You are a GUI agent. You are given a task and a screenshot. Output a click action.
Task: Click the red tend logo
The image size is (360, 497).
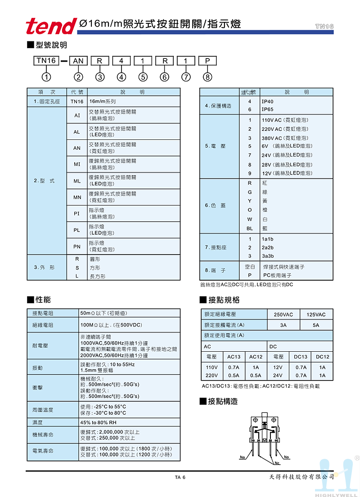tap(50, 26)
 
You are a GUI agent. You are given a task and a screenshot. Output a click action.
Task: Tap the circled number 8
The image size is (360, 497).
tap(207, 77)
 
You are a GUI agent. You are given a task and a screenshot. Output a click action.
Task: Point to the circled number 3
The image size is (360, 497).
tap(100, 77)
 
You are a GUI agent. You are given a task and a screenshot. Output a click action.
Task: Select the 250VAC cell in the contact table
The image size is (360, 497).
tap(283, 314)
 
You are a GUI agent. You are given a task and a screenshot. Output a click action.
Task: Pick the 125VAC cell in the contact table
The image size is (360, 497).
tap(316, 314)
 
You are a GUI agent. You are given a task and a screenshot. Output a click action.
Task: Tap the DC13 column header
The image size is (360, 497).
tap(301, 357)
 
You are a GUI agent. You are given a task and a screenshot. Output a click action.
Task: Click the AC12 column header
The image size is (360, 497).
tap(256, 357)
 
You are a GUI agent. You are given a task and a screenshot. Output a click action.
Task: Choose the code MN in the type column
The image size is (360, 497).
tap(77, 197)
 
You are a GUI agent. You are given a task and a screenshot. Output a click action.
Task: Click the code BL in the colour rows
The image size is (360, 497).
tap(250, 228)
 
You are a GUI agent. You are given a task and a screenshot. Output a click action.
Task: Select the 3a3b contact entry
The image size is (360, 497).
tap(268, 256)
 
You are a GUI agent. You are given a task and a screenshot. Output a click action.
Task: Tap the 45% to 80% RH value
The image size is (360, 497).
tap(98, 422)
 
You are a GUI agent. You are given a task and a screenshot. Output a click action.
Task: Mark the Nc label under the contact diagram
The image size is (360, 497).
tap(277, 463)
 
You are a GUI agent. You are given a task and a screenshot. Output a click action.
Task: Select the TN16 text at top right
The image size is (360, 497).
tap(324, 27)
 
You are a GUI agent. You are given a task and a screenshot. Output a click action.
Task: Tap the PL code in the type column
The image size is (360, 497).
tap(77, 230)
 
